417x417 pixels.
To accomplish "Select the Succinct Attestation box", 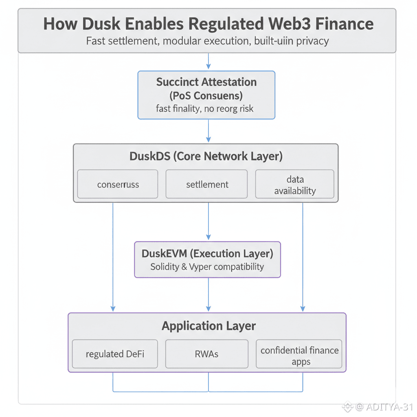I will coord(206,95).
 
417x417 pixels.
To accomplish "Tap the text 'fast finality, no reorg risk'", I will coord(205,109).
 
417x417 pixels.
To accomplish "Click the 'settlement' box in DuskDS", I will coord(207,184).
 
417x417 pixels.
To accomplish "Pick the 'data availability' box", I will coord(295,184).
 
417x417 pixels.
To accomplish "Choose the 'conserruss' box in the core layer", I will coord(118,184).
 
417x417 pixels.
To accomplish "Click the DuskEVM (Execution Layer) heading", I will coord(207,253).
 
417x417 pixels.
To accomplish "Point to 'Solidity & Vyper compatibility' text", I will coord(207,267).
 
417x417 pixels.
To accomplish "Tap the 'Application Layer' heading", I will coord(208,326).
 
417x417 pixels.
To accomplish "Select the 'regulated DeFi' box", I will coord(115,354).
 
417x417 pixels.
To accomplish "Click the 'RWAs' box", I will coord(207,354).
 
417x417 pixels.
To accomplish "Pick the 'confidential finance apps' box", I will coord(300,355).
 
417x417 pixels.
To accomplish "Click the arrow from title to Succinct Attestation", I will coord(208,62).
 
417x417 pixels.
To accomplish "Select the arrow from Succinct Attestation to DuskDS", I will coord(208,131).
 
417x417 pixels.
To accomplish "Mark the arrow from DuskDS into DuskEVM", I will coord(208,222).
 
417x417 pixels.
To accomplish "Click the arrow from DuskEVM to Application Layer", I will coord(208,295).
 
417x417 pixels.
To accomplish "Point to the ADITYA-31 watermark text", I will coord(389,406).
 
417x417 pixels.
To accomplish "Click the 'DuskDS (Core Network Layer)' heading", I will coord(206,156).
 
